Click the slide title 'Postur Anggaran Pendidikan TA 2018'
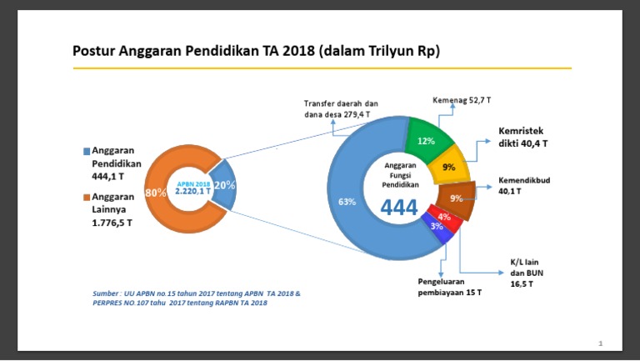click(x=256, y=52)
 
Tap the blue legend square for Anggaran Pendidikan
click(x=86, y=152)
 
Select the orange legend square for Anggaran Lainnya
click(x=86, y=198)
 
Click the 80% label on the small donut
click(x=155, y=193)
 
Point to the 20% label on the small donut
click(x=223, y=185)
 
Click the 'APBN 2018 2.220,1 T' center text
click(x=192, y=188)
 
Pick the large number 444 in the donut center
click(x=399, y=208)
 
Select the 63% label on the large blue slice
click(x=347, y=202)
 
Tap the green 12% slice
click(x=427, y=141)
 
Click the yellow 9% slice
click(x=449, y=168)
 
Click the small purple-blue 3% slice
click(x=437, y=228)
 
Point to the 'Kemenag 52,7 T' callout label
click(x=462, y=101)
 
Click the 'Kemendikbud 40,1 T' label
click(x=523, y=185)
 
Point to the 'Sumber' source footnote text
click(x=195, y=298)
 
